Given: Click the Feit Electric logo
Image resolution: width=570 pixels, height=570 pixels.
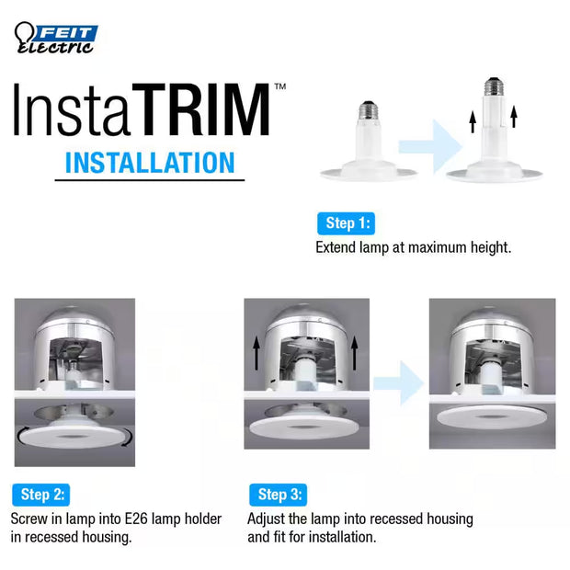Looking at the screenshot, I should (x=55, y=38).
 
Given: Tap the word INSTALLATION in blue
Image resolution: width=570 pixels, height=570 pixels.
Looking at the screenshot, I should (x=150, y=163).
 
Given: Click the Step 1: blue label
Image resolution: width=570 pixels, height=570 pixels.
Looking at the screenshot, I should (x=349, y=223).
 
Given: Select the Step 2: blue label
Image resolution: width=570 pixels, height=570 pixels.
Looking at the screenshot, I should (x=40, y=495).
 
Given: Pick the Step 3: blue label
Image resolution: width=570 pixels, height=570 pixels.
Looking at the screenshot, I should (x=278, y=495).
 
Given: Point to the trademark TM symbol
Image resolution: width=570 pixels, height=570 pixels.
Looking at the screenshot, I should (x=279, y=85).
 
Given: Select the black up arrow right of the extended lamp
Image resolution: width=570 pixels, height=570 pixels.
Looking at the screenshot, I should (x=514, y=117).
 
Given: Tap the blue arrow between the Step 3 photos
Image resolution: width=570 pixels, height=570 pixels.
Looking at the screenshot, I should (x=395, y=378).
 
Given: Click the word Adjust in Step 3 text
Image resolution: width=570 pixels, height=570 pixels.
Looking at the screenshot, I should (x=268, y=519).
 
